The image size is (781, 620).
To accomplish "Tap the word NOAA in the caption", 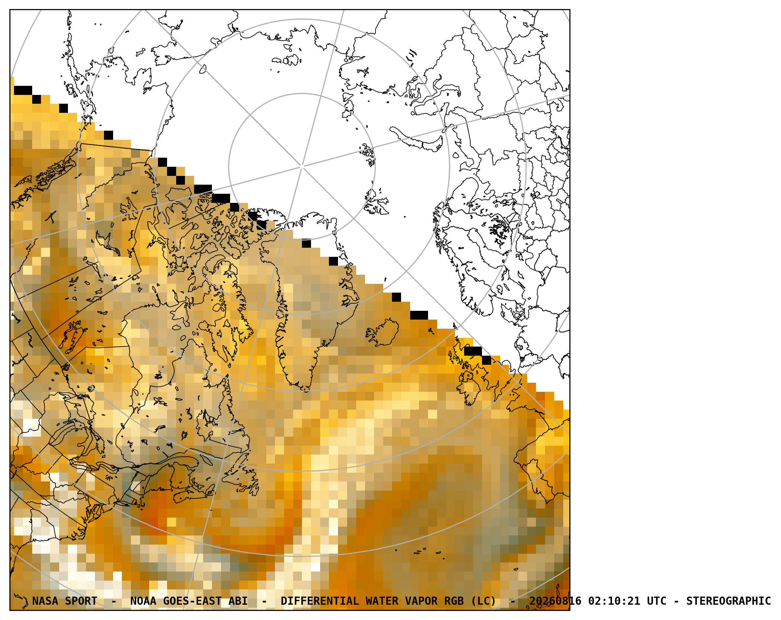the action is tap(143, 601).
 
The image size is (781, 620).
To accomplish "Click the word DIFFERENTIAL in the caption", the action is tap(319, 601).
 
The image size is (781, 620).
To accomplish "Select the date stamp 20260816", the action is tap(555, 601).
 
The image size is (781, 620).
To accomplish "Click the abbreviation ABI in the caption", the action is tap(238, 601).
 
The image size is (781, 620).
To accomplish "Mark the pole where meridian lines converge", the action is tap(302, 166).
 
